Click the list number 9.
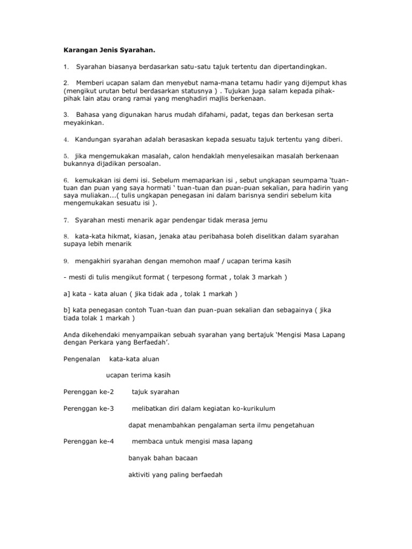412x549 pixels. pos(65,261)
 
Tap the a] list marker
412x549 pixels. pos(67,294)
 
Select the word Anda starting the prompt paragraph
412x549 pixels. pos(72,335)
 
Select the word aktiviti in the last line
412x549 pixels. pos(141,474)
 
